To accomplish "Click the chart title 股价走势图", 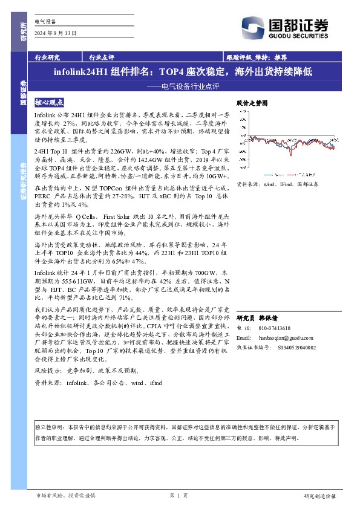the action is (x=251, y=104).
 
